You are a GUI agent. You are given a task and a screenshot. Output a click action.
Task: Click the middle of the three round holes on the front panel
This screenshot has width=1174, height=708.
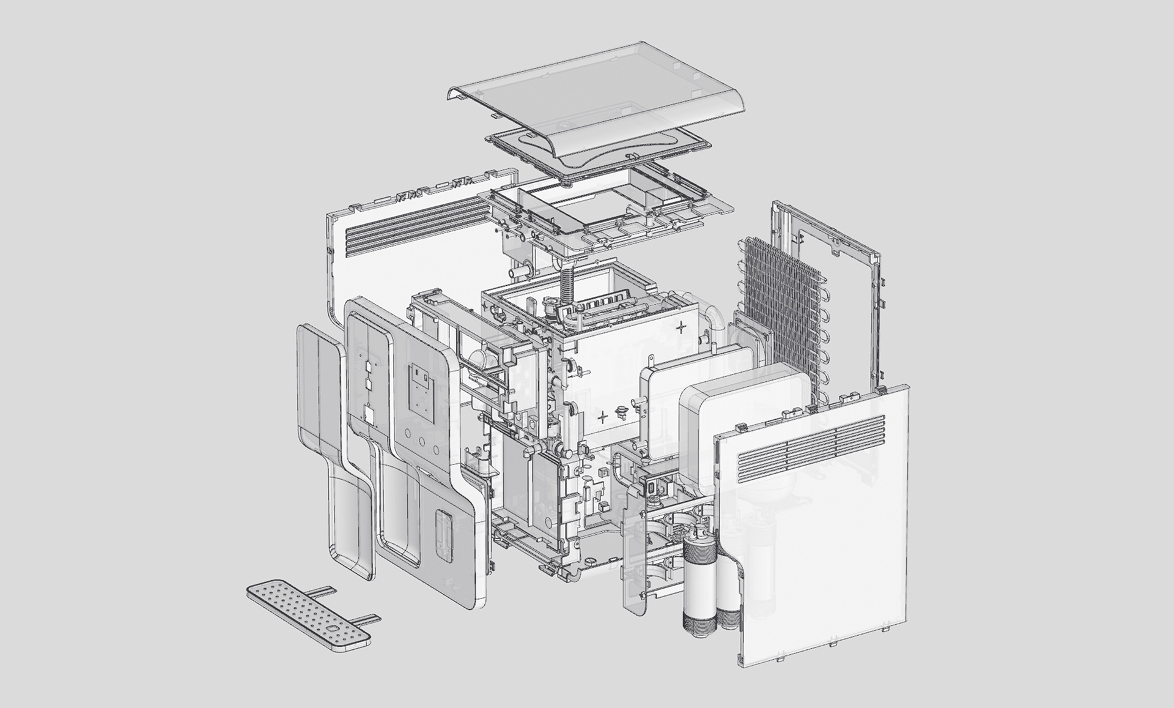point(421,439)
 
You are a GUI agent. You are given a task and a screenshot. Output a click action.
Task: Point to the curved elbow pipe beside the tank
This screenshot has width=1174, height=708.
point(715,321)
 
